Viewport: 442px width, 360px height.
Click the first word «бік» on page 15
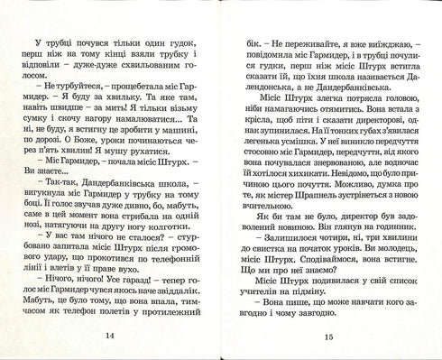click(x=243, y=44)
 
